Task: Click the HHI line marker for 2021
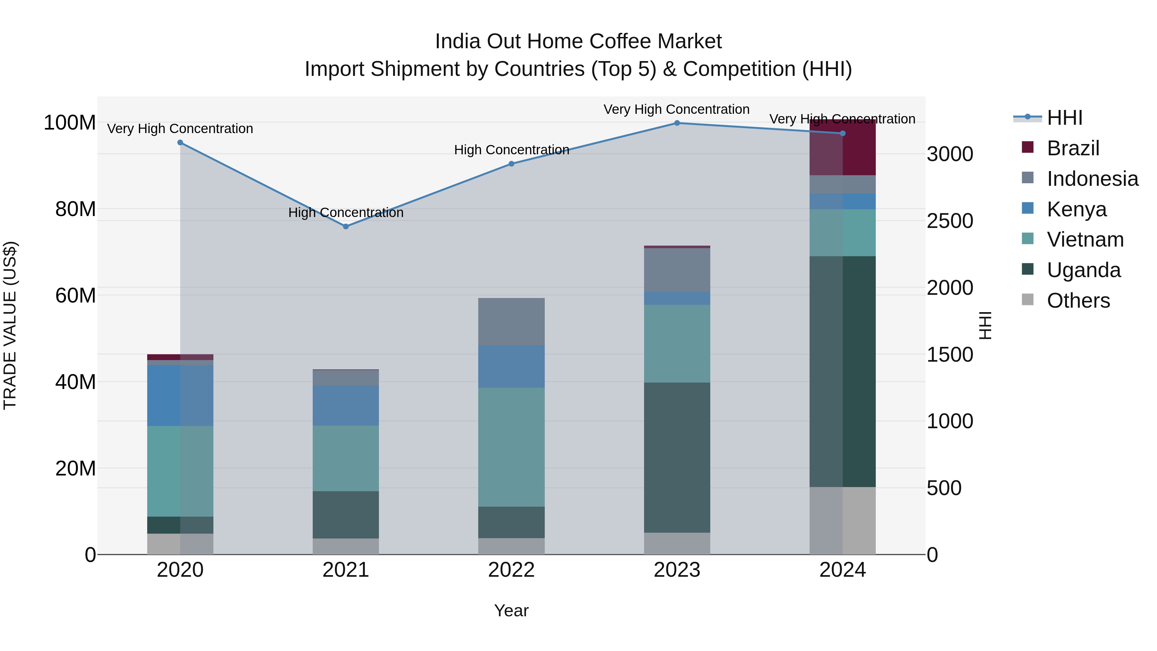click(345, 226)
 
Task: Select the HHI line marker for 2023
click(677, 123)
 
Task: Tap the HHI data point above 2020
click(180, 142)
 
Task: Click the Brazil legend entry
click(1072, 148)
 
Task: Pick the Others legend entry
click(1078, 301)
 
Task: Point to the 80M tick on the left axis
click(76, 209)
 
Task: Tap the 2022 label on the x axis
click(511, 570)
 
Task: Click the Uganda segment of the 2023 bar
click(677, 457)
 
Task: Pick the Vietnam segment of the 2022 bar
click(511, 447)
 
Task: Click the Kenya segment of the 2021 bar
click(345, 405)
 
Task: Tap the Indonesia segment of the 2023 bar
click(677, 270)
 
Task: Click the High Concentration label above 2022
click(511, 149)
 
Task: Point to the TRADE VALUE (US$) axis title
click(10, 325)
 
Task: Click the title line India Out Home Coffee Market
click(578, 41)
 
